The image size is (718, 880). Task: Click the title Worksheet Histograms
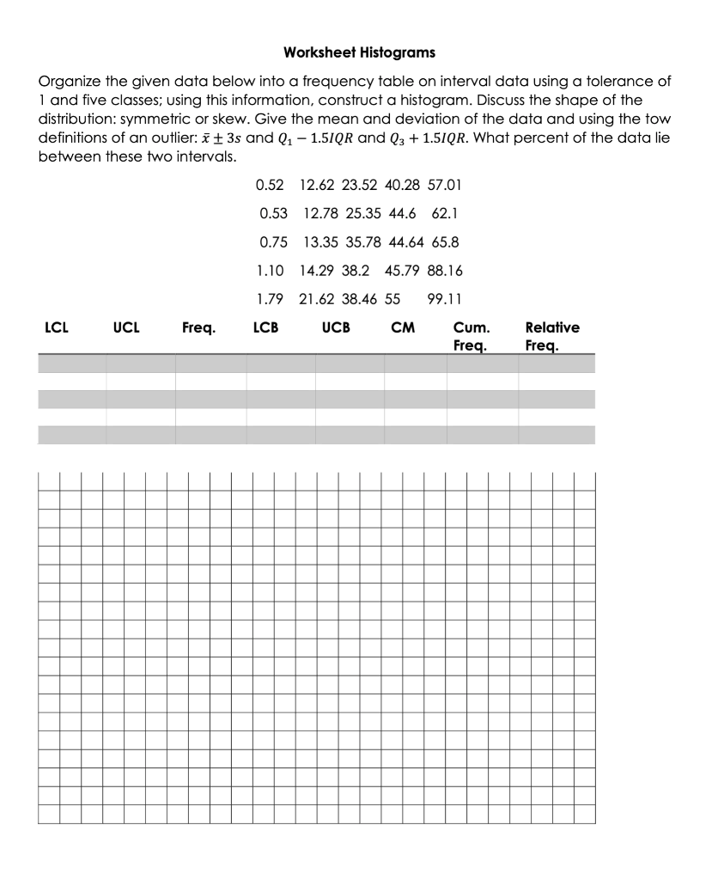(x=359, y=53)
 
